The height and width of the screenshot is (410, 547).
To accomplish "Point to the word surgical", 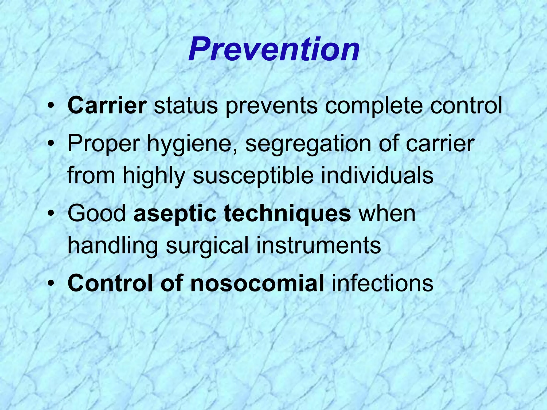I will click(x=207, y=246).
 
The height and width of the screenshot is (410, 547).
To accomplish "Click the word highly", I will click(x=154, y=176).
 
